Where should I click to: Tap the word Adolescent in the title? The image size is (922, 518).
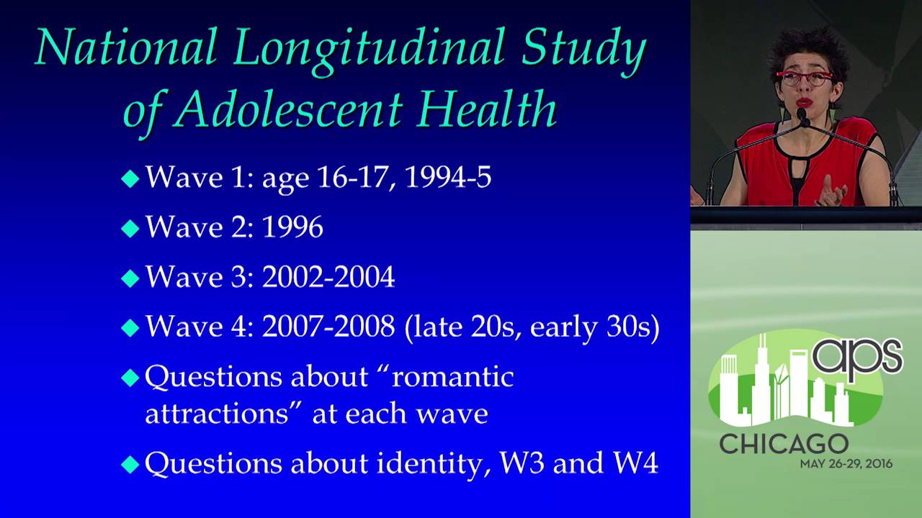(x=290, y=109)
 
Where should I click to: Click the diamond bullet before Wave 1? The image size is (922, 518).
(x=130, y=178)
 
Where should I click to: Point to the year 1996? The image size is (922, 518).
(x=292, y=227)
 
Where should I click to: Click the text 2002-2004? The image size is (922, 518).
(x=328, y=277)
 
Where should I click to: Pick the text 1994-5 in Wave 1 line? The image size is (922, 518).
(x=448, y=177)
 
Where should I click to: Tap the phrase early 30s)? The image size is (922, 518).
(x=595, y=327)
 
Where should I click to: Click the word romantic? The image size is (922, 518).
(x=453, y=377)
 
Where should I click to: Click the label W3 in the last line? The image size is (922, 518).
(x=522, y=463)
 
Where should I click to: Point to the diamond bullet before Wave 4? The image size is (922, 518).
(x=130, y=327)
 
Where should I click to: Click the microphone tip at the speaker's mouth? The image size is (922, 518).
(x=802, y=114)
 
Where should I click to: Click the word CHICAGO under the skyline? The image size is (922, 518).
(x=784, y=444)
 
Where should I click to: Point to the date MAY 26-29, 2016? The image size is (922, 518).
(x=846, y=464)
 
